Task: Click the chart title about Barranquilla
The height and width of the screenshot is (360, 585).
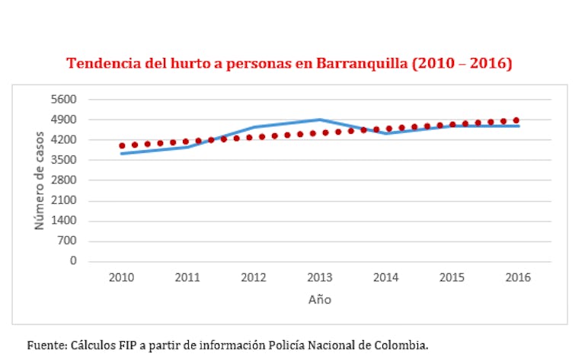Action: [289, 63]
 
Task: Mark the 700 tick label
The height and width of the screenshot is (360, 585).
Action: [70, 241]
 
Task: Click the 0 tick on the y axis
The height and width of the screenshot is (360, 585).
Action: [75, 261]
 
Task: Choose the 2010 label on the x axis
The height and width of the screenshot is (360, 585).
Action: [121, 278]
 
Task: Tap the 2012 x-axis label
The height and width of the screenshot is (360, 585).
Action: [254, 278]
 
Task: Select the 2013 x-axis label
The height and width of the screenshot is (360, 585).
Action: [320, 278]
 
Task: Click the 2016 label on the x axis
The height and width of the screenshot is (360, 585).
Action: [518, 278]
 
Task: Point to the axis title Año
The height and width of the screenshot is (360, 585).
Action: [320, 299]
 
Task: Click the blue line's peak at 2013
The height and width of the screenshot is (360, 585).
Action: [320, 119]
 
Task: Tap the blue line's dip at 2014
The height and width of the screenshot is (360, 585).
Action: [386, 133]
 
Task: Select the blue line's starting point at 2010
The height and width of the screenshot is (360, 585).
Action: [122, 154]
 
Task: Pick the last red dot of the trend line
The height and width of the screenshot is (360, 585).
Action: [516, 120]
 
